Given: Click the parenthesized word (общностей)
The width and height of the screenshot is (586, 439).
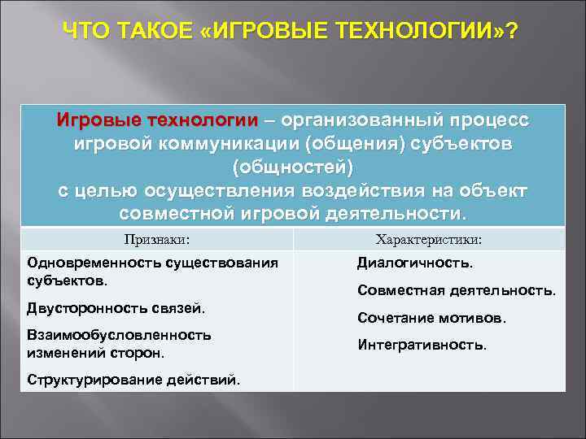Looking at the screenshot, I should [293, 167].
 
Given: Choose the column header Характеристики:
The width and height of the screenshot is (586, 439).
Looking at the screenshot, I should [428, 240].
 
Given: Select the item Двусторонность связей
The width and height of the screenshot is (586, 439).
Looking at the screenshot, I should [116, 308].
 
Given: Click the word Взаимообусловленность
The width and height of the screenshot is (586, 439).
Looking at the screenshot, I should [120, 334].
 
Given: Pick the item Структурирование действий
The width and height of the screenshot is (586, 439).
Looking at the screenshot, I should [133, 380].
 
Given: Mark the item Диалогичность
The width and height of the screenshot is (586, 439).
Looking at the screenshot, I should [415, 263].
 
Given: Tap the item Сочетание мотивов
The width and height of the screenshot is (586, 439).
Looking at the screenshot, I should [431, 319].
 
